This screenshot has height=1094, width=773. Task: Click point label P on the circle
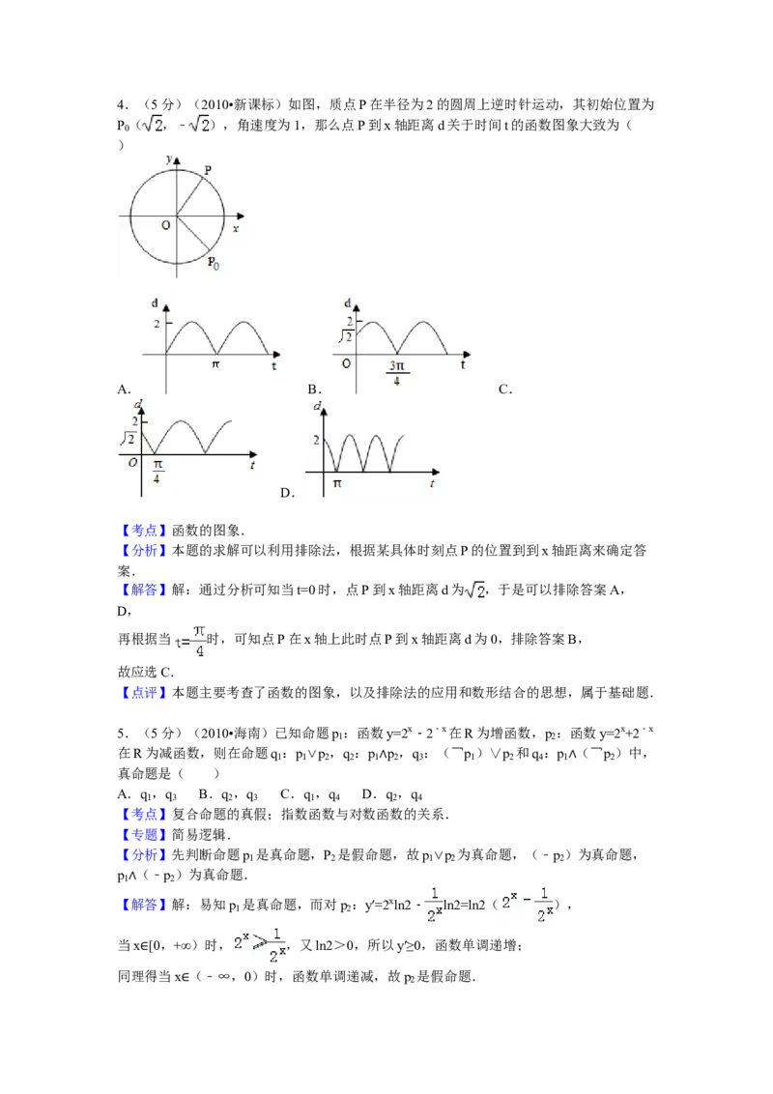tap(208, 169)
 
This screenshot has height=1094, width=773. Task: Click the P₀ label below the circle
tap(213, 261)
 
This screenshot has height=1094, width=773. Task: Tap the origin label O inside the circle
tap(166, 224)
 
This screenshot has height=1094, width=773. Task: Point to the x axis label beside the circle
tap(235, 228)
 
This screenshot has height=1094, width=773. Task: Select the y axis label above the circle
tap(169, 158)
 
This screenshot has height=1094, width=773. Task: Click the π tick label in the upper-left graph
tap(217, 365)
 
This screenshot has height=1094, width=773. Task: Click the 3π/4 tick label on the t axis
tap(396, 372)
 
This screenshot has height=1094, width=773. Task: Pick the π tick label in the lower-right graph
tap(337, 482)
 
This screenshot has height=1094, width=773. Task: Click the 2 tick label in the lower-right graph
tap(315, 440)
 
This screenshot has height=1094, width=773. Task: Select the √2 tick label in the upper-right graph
tap(343, 336)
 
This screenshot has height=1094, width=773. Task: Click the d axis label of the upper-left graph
tap(156, 303)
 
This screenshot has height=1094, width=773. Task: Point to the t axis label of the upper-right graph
tap(463, 365)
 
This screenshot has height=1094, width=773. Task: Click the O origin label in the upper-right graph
tap(345, 364)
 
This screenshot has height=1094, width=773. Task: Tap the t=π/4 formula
tap(190, 642)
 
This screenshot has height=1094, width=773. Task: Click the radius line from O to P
tap(189, 195)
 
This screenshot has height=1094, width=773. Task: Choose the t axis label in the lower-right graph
tap(433, 482)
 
